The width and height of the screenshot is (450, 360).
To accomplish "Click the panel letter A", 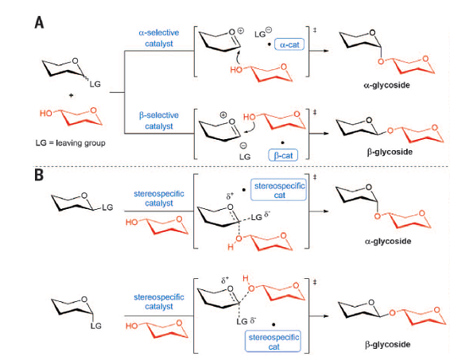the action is [39, 22].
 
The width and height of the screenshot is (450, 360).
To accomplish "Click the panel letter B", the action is [39, 175].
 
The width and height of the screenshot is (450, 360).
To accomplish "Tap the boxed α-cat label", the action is [289, 45].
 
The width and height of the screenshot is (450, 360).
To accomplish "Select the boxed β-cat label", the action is [283, 155].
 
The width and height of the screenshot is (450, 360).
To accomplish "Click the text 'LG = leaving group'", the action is [70, 143].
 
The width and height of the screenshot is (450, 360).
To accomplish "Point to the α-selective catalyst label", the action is [159, 38].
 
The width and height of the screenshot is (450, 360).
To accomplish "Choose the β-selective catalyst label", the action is [159, 121].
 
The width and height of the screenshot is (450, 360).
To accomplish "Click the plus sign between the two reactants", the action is [72, 95].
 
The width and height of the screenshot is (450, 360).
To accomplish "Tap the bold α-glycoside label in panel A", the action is [386, 85].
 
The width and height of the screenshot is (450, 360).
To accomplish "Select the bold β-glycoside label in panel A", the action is [390, 152].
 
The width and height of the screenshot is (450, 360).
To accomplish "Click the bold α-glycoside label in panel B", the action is [388, 242].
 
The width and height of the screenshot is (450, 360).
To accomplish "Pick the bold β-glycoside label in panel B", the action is [387, 344].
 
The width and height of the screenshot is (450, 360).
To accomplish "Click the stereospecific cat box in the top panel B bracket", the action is [279, 190].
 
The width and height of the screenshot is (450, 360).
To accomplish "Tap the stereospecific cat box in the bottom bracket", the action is [273, 341].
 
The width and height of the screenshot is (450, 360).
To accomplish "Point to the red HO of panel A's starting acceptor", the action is [45, 113].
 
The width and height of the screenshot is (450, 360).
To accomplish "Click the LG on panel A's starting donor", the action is [95, 83].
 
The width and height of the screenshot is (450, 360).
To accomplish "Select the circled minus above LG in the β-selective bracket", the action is [243, 145].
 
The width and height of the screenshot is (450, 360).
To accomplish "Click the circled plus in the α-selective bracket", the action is [241, 30].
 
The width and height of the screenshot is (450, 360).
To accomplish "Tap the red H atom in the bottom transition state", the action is [246, 277].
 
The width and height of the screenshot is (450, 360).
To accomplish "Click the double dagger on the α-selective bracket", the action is [315, 30].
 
